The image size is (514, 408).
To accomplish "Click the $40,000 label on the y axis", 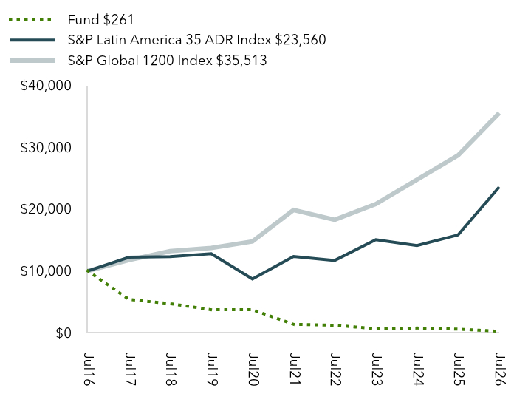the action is [x=46, y=86].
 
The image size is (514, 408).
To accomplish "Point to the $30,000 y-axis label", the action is [x=46, y=148].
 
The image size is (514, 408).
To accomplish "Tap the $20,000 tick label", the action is [x=46, y=209].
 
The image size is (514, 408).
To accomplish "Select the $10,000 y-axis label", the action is [x=46, y=271].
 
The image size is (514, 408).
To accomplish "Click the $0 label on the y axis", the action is [x=64, y=333].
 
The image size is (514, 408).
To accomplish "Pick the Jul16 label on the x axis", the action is [x=89, y=369].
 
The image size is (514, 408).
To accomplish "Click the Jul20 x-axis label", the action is [x=253, y=369].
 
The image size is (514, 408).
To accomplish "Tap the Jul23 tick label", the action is [x=377, y=369].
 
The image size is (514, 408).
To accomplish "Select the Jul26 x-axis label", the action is [x=499, y=369].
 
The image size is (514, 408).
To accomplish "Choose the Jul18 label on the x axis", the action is [x=171, y=369].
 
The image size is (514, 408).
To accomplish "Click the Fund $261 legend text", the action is [x=101, y=20].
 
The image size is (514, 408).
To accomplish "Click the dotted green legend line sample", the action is [x=30, y=20].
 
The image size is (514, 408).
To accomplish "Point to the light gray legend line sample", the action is [x=32, y=61].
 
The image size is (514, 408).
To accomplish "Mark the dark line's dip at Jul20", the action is [x=253, y=279].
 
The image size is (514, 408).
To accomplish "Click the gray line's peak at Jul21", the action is [x=293, y=210].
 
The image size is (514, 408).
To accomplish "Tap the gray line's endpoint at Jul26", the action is [x=498, y=114].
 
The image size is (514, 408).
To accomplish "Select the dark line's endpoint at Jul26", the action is [x=498, y=188].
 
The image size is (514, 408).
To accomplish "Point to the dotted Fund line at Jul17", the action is [x=129, y=299].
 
